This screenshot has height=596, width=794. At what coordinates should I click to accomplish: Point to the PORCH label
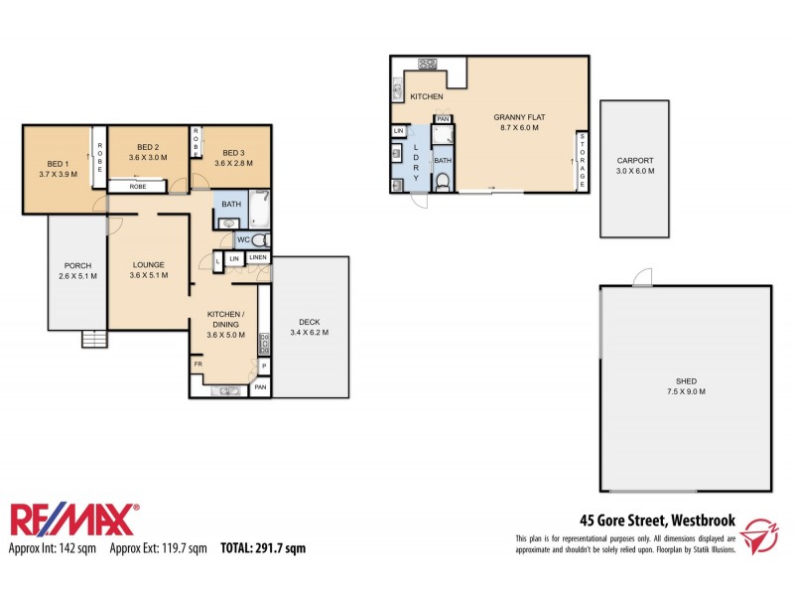click(x=77, y=265)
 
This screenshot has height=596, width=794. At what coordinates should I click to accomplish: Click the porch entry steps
click(x=93, y=340)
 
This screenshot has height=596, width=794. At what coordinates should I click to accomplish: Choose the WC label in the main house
click(x=242, y=240)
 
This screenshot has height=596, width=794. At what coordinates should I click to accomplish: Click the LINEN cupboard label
click(x=258, y=258)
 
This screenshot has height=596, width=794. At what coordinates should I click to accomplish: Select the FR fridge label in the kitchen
click(x=198, y=365)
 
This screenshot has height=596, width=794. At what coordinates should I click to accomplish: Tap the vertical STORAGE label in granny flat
click(x=583, y=159)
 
